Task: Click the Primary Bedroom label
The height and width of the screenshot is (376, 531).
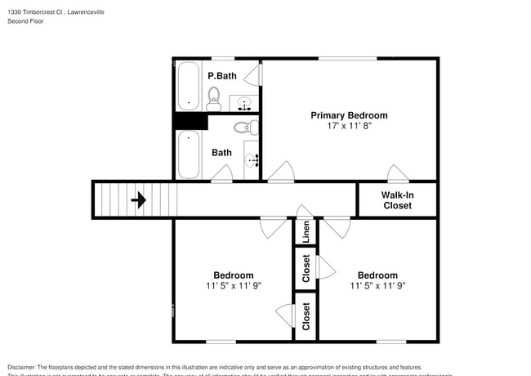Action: tap(349, 115)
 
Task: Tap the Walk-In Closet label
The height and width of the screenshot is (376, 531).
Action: tap(397, 200)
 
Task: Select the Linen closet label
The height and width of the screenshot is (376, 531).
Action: tap(306, 232)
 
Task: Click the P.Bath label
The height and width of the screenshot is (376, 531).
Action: tap(221, 76)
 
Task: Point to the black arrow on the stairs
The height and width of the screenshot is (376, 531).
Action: tap(138, 199)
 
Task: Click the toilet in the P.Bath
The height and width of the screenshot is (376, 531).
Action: tap(214, 100)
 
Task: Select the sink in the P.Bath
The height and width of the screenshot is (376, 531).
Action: tap(243, 104)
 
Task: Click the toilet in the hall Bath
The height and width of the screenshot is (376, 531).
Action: tap(246, 128)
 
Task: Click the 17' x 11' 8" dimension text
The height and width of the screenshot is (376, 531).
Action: tap(349, 127)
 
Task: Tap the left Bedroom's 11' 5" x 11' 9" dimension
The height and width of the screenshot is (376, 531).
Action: tap(234, 286)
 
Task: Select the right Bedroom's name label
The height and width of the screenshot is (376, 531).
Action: tap(377, 275)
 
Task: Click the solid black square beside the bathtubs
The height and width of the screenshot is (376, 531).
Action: tap(189, 121)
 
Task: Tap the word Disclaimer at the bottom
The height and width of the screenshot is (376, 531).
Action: tap(26, 368)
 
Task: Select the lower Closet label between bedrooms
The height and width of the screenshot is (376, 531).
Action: tap(306, 316)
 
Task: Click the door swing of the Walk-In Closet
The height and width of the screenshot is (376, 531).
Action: tap(398, 173)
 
